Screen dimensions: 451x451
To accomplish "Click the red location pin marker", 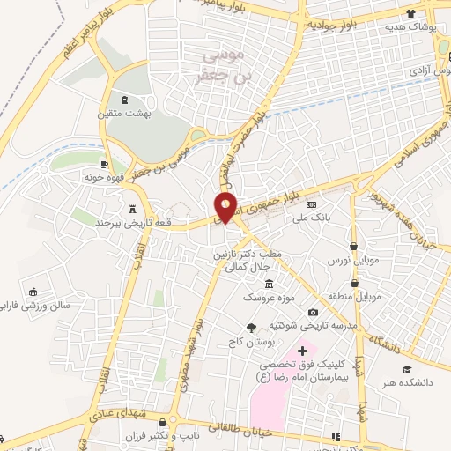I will click(x=226, y=207).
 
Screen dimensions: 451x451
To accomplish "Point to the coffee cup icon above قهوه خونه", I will click(x=105, y=164).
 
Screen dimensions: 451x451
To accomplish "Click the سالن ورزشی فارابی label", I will click(x=36, y=307).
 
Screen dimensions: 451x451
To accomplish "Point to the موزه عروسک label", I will click(x=269, y=297).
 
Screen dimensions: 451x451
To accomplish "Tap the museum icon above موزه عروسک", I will click(x=269, y=284).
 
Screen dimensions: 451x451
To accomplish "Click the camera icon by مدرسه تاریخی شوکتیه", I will click(x=313, y=312).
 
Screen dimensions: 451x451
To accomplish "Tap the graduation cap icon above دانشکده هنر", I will click(x=407, y=369).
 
